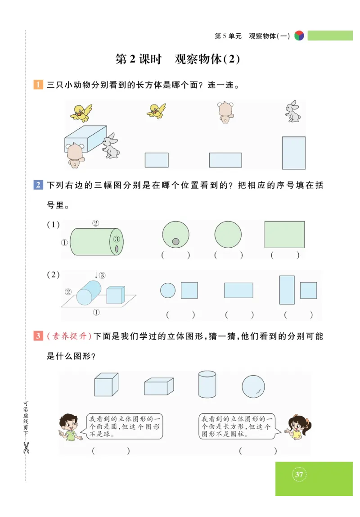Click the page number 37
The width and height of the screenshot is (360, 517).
300,474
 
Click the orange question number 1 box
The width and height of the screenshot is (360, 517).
38,85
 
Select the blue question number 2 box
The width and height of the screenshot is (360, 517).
38,185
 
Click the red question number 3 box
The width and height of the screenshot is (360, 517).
38,336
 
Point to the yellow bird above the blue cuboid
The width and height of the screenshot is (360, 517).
81,112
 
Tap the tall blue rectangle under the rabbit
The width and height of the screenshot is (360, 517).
293,153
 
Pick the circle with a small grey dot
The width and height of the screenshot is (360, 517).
175,235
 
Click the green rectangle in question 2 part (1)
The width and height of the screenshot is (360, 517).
284,234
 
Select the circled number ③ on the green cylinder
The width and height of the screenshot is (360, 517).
117,239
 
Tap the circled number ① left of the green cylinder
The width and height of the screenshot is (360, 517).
64,242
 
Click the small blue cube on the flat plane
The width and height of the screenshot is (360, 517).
116,295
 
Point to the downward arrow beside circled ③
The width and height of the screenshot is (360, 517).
96,275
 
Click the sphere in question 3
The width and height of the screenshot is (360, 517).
253,386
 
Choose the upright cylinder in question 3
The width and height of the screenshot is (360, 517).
207,384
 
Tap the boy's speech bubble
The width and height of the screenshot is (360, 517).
124,427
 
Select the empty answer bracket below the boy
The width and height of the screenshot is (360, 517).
111,450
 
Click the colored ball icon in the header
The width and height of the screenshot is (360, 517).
299,36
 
